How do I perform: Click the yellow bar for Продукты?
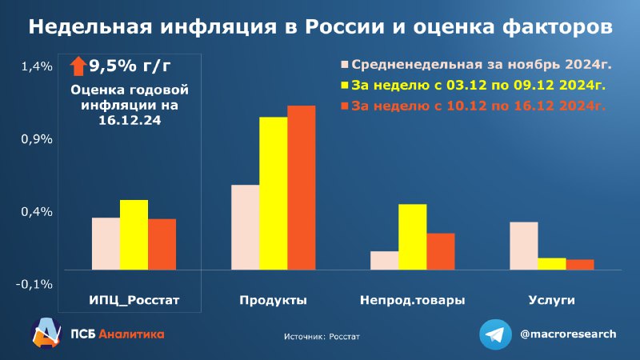pos(274,194)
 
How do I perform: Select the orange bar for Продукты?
pos(302,188)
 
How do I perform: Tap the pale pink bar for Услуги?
pos(524,246)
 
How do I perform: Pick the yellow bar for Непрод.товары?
pos(413,237)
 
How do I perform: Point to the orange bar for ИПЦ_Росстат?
pos(162,245)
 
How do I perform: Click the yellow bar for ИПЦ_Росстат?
pos(134,234)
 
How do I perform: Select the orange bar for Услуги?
pos(580,265)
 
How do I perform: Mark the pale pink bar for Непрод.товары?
pos(385,261)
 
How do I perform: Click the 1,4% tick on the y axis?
pos(37,66)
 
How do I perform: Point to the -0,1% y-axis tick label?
pos(34,285)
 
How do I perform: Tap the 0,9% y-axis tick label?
pos(37,139)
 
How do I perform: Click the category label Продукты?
pos(273,301)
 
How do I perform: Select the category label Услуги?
pos(551,300)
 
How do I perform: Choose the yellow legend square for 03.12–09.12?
pos(345,86)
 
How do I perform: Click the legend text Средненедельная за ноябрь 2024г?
pos(482,65)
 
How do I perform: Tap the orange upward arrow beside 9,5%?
pos(78,66)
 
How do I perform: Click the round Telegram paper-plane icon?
pos(495,334)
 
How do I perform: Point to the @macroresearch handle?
pos(568,334)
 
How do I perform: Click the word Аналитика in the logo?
pos(131,334)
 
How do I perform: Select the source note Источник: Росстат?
pos(322,337)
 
